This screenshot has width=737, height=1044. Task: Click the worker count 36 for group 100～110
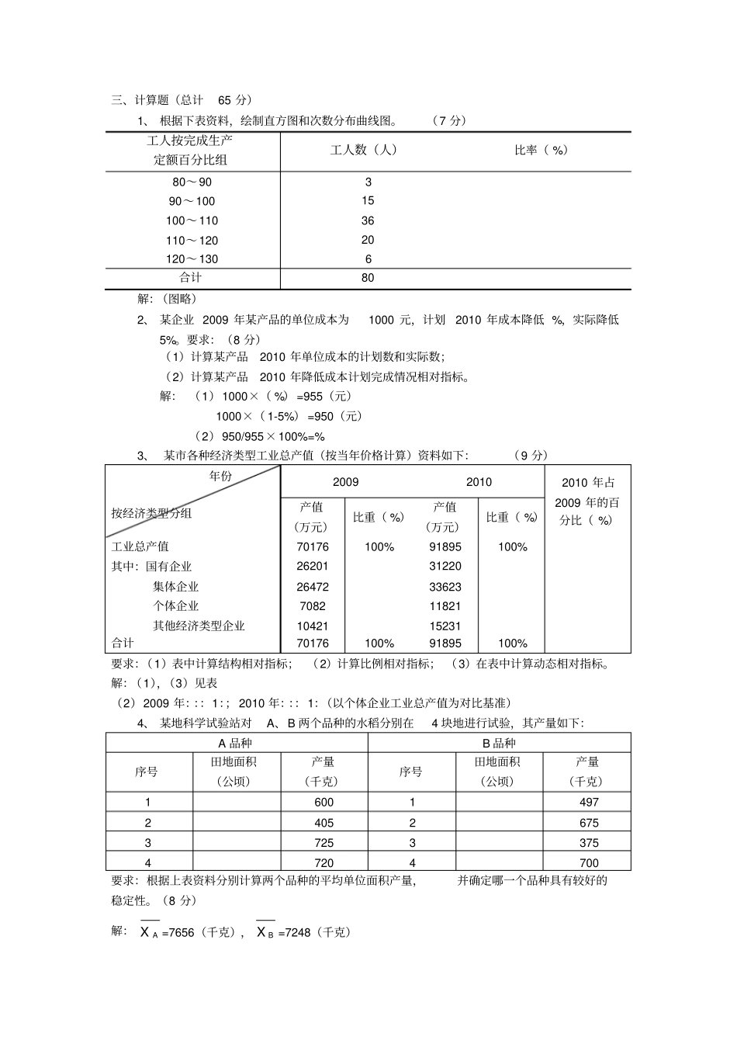coord(368,220)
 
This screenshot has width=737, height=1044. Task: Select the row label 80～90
coord(192,182)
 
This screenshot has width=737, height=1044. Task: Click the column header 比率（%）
coord(541,150)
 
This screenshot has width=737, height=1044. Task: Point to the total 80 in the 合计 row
coord(368,278)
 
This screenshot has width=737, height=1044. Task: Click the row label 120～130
coord(192,259)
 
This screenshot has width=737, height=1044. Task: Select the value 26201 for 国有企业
coord(312,567)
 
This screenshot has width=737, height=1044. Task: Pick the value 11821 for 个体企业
coord(445,606)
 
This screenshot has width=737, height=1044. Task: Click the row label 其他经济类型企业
coord(199,626)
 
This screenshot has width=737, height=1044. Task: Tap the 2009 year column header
coord(345,482)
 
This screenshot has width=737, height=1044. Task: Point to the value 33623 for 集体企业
coord(445,587)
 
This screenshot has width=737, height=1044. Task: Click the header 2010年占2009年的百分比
coord(587,501)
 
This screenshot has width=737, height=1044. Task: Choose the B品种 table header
coord(499,743)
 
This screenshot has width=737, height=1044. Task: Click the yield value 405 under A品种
coord(324,823)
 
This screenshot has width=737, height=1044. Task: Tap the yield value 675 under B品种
coord(589,823)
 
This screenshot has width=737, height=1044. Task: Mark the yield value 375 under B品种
coord(589,843)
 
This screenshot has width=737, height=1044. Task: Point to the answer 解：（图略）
coord(167,299)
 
